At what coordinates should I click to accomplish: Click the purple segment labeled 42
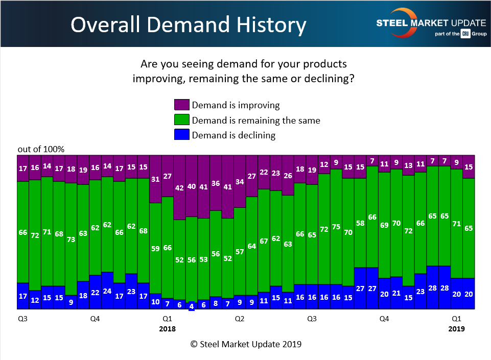(x=179, y=188)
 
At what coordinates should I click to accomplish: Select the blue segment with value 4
(x=192, y=305)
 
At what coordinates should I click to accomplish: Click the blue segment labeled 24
(x=107, y=291)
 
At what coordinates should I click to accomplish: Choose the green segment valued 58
(x=360, y=223)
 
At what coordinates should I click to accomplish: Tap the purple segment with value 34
(x=240, y=182)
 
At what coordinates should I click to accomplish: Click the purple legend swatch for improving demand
(x=181, y=105)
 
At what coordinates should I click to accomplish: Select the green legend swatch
(x=181, y=121)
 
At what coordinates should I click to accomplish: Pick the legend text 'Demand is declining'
(x=233, y=135)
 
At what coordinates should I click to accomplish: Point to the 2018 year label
(x=167, y=329)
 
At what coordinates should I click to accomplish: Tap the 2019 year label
(x=456, y=329)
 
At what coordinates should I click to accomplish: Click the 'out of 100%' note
(x=41, y=149)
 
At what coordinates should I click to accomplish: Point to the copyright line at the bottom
(x=246, y=344)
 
